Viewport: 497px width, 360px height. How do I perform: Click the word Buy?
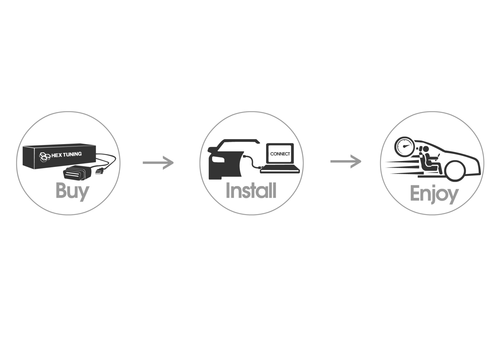72,191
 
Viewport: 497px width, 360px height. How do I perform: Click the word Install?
251,190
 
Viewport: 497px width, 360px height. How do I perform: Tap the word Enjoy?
434,193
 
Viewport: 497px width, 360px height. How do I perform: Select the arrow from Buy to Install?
158,163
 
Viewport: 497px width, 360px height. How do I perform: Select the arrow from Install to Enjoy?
346,162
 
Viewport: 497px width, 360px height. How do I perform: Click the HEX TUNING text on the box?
66,154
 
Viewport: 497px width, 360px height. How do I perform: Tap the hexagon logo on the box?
44,156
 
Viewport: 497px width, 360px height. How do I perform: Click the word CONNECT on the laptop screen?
280,154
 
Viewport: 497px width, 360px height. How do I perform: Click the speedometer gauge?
404,147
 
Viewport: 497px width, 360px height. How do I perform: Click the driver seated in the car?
428,160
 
